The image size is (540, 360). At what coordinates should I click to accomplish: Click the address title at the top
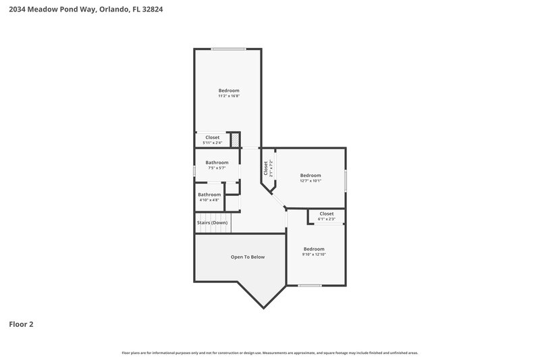(85, 10)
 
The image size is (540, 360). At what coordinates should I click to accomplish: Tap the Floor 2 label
(21, 324)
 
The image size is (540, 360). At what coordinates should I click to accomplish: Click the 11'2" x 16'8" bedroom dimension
(229, 96)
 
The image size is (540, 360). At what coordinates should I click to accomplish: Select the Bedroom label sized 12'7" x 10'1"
(310, 175)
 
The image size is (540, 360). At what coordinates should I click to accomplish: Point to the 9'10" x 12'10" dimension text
(314, 254)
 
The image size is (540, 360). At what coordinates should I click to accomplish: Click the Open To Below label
(248, 257)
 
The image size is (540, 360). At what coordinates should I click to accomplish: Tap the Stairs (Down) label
(212, 223)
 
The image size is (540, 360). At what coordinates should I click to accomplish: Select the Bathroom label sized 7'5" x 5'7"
(217, 162)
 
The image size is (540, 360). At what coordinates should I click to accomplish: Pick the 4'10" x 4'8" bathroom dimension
(209, 200)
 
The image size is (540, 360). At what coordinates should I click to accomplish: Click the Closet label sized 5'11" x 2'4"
(213, 137)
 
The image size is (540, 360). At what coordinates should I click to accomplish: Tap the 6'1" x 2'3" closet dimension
(327, 219)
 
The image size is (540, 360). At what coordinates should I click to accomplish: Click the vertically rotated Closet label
(266, 168)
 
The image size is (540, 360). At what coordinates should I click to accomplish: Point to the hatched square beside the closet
(236, 139)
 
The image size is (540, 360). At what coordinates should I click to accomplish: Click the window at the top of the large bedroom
(228, 49)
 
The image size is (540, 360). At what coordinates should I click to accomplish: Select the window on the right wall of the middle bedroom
(346, 180)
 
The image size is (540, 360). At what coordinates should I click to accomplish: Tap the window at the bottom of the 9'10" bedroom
(310, 285)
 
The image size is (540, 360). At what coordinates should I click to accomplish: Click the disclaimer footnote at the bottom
(270, 353)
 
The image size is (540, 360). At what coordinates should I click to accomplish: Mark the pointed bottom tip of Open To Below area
(264, 307)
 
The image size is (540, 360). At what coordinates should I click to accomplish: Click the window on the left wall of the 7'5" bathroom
(195, 172)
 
